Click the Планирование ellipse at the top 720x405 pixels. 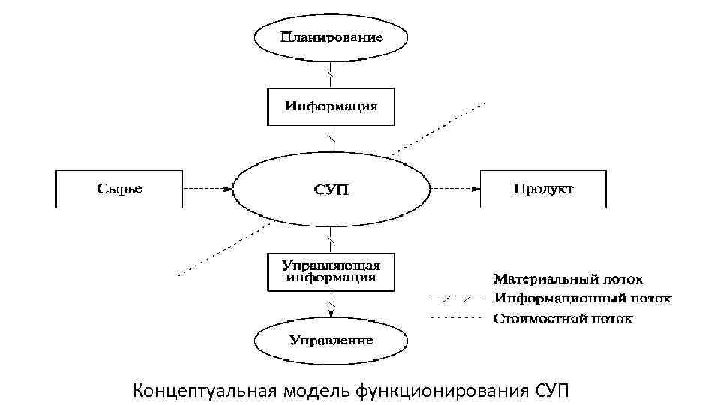331,37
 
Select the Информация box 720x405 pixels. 331,106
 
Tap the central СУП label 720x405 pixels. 331,189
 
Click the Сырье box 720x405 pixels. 119,188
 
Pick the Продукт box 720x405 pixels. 543,188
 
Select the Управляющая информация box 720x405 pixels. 331,271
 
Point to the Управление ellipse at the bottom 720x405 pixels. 331,340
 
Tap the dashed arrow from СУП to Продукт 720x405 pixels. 454,189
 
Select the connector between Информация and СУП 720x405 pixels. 331,138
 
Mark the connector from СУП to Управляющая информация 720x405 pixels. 331,240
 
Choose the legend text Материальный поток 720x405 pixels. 567,280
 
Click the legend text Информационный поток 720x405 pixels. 582,298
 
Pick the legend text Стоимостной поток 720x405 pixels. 562,319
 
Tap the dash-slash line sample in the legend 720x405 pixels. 456,298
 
